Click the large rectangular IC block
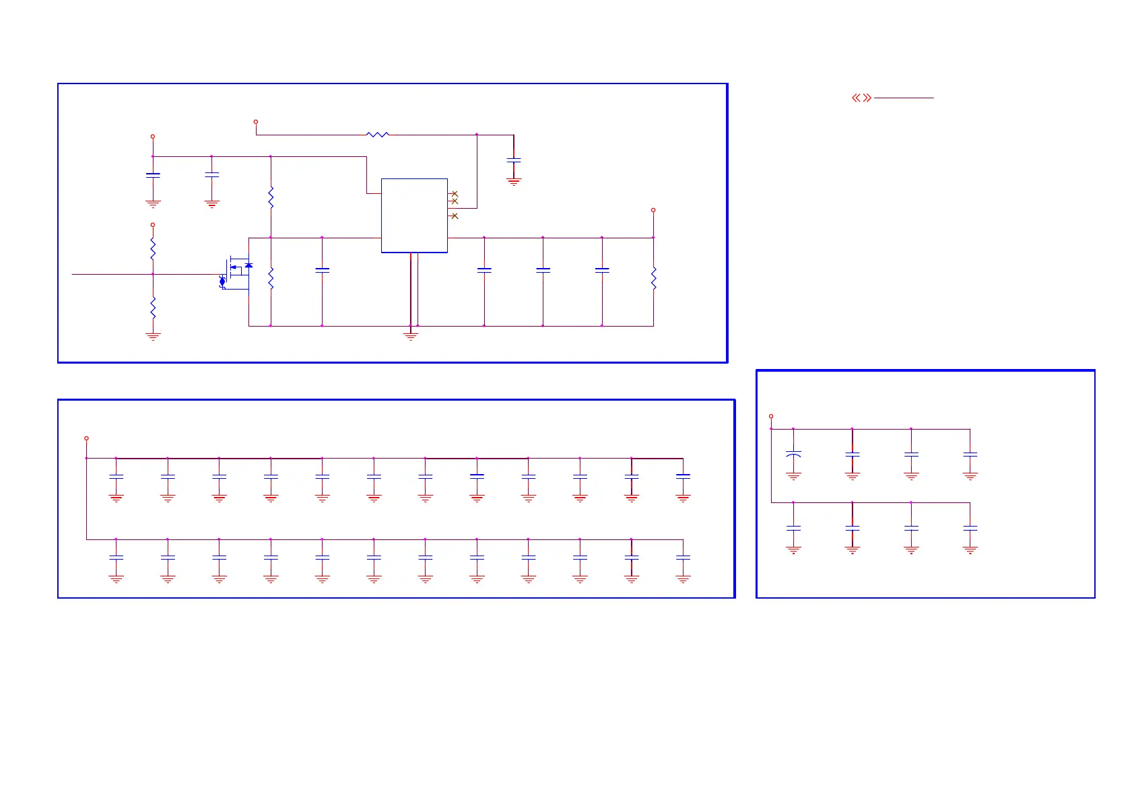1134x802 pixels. coord(414,215)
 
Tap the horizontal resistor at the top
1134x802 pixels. coord(378,135)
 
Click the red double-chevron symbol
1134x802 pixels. coord(861,98)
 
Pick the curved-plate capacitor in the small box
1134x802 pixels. coord(793,455)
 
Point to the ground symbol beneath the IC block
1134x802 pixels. coord(411,335)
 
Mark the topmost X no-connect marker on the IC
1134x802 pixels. coord(455,194)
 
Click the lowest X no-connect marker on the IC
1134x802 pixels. coord(455,216)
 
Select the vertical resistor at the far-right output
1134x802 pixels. coord(653,277)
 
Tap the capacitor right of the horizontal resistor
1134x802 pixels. coord(514,160)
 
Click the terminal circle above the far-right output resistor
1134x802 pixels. coord(653,210)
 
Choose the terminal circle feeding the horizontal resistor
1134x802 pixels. coord(256,122)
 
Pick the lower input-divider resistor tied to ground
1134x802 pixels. coord(153,308)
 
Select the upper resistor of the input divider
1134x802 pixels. coord(153,248)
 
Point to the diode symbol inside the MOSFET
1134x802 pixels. coord(248,266)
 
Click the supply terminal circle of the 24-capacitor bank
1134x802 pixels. coord(86,438)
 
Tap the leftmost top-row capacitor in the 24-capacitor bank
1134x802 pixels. coord(116,477)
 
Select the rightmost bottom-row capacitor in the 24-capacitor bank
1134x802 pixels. coord(683,558)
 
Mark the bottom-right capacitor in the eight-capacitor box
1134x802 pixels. coord(970,529)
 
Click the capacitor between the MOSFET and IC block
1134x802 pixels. coord(322,270)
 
